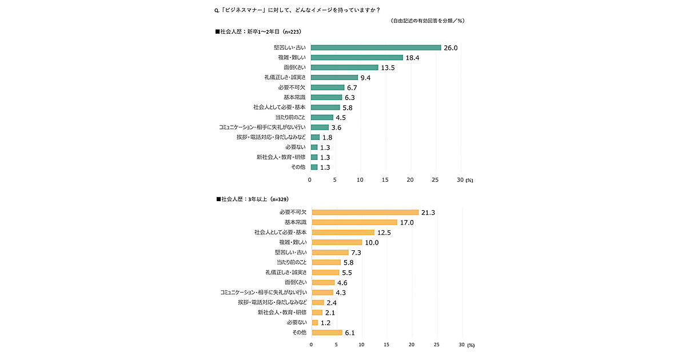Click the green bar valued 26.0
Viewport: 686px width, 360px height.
click(x=376, y=47)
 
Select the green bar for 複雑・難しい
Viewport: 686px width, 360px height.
click(x=357, y=58)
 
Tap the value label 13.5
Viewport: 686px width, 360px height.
click(x=388, y=67)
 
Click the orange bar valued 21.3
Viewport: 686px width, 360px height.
click(x=365, y=212)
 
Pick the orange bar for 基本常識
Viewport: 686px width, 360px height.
click(x=354, y=222)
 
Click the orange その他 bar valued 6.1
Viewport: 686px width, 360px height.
click(x=326, y=333)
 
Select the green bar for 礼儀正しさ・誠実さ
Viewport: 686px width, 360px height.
click(x=334, y=78)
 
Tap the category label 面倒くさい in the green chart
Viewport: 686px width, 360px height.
click(x=295, y=67)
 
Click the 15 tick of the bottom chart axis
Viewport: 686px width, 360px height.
click(x=386, y=345)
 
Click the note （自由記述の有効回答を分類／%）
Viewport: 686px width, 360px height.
click(x=428, y=21)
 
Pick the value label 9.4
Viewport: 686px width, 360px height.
click(x=366, y=78)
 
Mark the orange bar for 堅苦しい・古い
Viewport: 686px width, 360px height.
click(x=330, y=253)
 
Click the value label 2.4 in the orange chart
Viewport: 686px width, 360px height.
click(x=331, y=302)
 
